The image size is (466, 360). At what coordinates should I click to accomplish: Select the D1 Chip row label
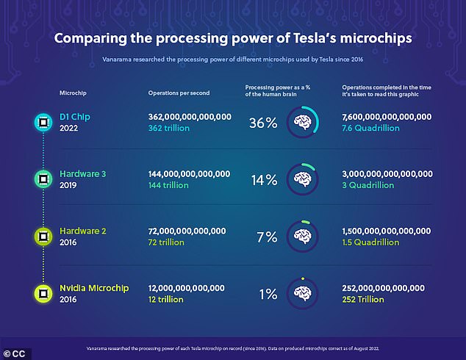pyautogui.click(x=76, y=117)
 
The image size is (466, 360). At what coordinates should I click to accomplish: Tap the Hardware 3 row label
pyautogui.click(x=84, y=174)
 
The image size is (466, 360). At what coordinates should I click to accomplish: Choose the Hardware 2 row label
pyautogui.click(x=84, y=231)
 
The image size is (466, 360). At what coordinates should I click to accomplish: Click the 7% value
pyautogui.click(x=266, y=237)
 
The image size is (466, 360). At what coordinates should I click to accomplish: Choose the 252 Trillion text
pyautogui.click(x=365, y=300)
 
